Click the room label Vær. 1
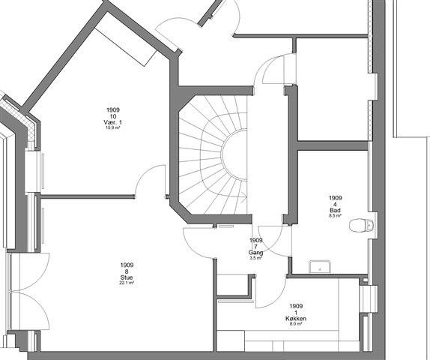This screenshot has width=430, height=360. point(112,122)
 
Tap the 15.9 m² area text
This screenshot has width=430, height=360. point(112,127)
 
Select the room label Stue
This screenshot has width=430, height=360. point(127,277)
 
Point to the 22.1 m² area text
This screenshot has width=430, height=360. point(127,283)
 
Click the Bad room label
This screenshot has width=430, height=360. point(335,210)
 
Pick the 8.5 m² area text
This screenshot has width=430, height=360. point(335,216)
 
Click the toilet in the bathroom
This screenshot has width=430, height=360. point(361,226)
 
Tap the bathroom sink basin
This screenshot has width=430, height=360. point(320,267)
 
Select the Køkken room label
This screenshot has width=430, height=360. point(296,319)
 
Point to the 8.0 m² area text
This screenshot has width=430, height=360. point(296,324)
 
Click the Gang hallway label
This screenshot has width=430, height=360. point(256,253)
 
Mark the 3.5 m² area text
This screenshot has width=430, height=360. point(256,258)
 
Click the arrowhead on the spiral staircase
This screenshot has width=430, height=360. point(243,196)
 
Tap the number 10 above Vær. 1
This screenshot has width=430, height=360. point(112,116)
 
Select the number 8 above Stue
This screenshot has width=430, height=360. point(127,271)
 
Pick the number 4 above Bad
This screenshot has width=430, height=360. point(335,204)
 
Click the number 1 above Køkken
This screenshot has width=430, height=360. point(296,313)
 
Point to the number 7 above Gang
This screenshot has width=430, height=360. point(256,247)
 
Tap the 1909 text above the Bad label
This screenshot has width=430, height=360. point(335,198)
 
